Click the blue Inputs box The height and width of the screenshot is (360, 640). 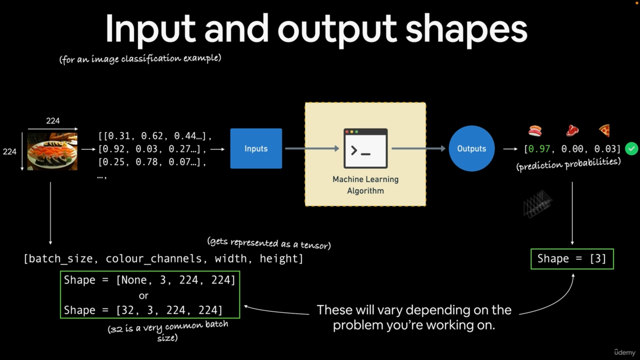tap(256, 148)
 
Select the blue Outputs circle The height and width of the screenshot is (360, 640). tap(471, 148)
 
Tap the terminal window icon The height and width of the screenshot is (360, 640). tap(365, 148)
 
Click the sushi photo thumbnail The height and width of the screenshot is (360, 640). tap(52, 151)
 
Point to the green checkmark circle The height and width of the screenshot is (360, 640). tap(631, 149)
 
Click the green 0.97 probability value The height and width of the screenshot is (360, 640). tap(539, 149)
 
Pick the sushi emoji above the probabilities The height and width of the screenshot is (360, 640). tap(535, 131)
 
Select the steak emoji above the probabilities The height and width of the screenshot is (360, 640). tap(572, 131)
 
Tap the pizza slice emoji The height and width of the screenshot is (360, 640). tap(604, 131)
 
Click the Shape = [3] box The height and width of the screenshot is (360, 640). tap(572, 259)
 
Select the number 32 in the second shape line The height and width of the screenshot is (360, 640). tap(127, 310)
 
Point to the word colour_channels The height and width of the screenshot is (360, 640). tap(153, 258)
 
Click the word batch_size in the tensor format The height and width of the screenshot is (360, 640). tap(60, 258)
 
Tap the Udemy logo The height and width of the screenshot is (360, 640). tap(625, 352)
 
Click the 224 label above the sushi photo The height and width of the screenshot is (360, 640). tap(53, 120)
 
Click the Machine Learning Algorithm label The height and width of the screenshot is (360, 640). tap(365, 185)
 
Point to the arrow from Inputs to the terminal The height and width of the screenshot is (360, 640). tap(312, 148)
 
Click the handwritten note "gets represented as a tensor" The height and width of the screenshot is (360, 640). tap(269, 243)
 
